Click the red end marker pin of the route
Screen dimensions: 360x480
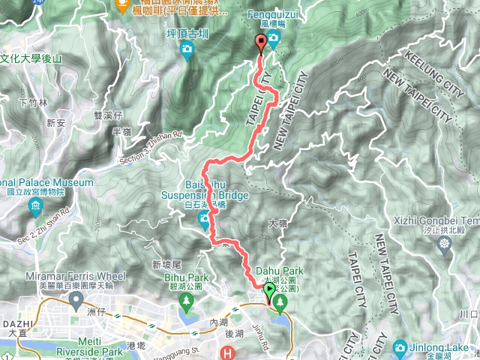point(260,43)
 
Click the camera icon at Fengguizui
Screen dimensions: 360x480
point(274,39)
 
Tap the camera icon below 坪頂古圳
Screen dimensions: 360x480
point(186,50)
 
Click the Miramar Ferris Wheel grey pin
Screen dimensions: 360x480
point(75,300)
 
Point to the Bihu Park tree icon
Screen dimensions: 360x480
point(186,301)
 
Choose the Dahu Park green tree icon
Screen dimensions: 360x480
point(280,303)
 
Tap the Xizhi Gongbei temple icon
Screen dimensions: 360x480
point(447,244)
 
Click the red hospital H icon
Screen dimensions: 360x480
point(228,352)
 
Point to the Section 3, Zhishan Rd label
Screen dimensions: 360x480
point(151,148)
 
